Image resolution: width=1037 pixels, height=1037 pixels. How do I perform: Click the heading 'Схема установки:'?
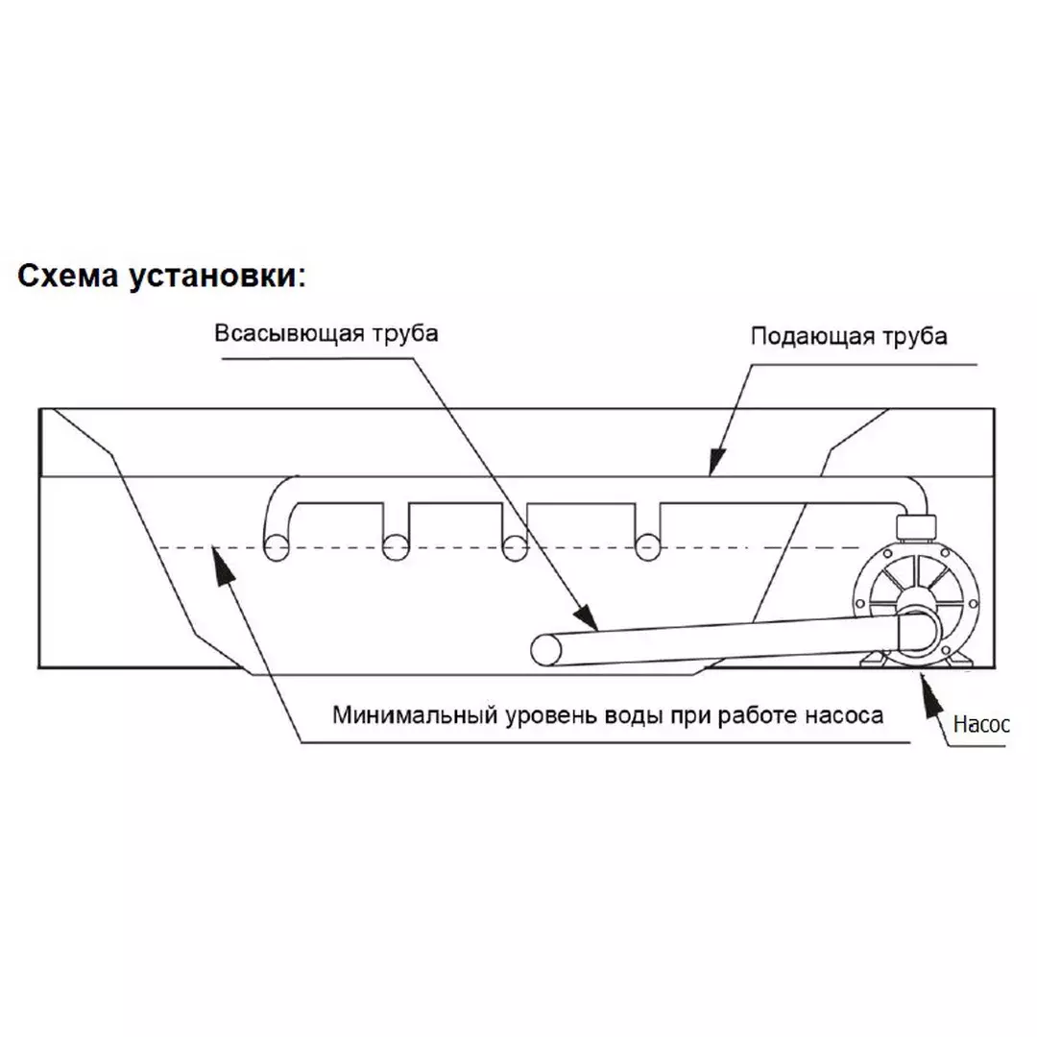[x=162, y=277]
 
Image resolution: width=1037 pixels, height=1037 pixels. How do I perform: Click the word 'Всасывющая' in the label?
[x=289, y=332]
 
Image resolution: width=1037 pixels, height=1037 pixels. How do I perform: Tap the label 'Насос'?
[x=981, y=725]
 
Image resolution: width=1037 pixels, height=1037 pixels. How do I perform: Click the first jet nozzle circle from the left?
[x=277, y=548]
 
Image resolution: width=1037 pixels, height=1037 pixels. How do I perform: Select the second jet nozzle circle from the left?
[x=396, y=548]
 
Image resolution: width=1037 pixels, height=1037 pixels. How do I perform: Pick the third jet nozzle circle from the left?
[x=515, y=548]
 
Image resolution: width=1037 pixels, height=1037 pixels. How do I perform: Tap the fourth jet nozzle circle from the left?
[x=647, y=548]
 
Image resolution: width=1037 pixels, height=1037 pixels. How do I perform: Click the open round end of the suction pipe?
[x=546, y=650]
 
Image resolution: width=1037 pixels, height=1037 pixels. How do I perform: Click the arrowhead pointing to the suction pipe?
[x=586, y=617]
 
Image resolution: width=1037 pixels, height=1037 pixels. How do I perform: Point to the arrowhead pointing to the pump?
[x=931, y=694]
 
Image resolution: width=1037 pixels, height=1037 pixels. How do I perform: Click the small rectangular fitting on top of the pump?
[x=916, y=528]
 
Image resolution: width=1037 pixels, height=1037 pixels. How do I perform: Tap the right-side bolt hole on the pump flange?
[x=973, y=603]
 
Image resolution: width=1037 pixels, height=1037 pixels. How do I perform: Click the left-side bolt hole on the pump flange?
[x=859, y=603]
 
